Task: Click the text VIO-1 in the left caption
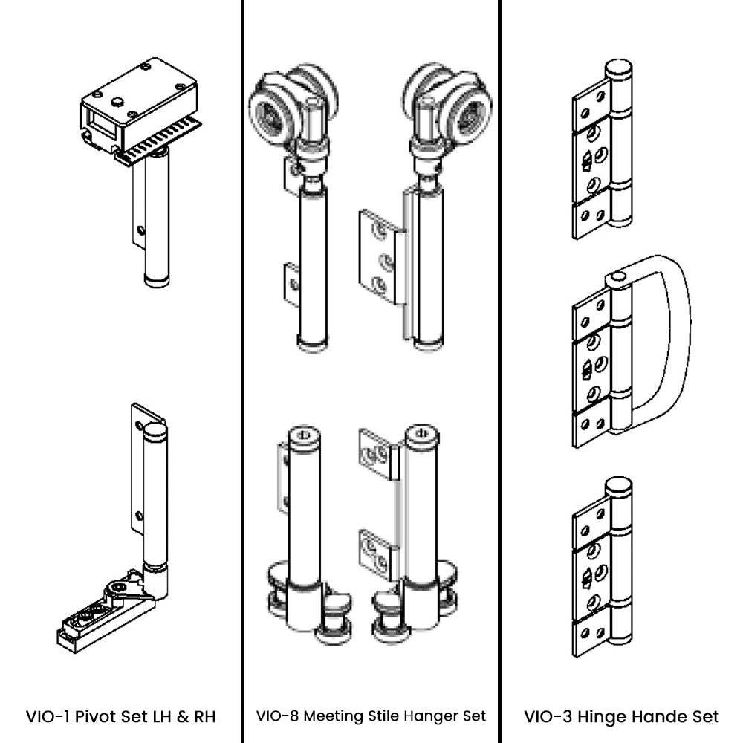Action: (x=48, y=717)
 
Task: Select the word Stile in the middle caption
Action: (x=386, y=716)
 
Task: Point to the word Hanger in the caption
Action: (x=431, y=716)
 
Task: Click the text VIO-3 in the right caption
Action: (x=548, y=717)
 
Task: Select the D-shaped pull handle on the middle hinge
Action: (x=672, y=342)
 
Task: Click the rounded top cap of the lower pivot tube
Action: (x=155, y=430)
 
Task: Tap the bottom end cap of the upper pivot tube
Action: (x=156, y=281)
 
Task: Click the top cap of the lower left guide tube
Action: (x=304, y=435)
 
